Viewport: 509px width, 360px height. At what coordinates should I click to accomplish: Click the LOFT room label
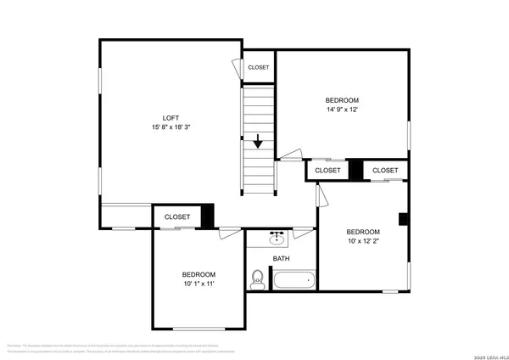coord(171,118)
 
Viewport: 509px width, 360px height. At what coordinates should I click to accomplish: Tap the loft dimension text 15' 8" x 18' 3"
coord(171,128)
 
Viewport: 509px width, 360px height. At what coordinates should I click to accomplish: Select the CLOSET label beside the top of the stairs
coord(258,67)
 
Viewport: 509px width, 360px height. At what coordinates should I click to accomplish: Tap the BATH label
coord(281,259)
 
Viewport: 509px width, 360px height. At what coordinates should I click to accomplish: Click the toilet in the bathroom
coord(258,278)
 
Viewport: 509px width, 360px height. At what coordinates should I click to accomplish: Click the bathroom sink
coord(278,236)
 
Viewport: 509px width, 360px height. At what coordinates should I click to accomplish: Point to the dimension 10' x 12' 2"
coord(362,242)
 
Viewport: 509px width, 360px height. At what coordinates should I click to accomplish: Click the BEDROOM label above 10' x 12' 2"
coord(362,232)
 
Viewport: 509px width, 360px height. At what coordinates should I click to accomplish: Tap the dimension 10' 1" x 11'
coord(199,284)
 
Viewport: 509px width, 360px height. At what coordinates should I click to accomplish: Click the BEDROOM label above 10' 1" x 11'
coord(199,274)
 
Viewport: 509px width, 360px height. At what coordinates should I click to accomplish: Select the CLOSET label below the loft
coord(176,217)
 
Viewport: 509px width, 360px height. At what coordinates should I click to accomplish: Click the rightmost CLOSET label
coord(385,171)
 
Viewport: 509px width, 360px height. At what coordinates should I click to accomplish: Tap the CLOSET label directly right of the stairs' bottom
coord(327,171)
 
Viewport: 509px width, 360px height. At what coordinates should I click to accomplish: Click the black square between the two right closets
coord(356,170)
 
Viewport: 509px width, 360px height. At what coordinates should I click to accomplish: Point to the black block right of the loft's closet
coord(207,216)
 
